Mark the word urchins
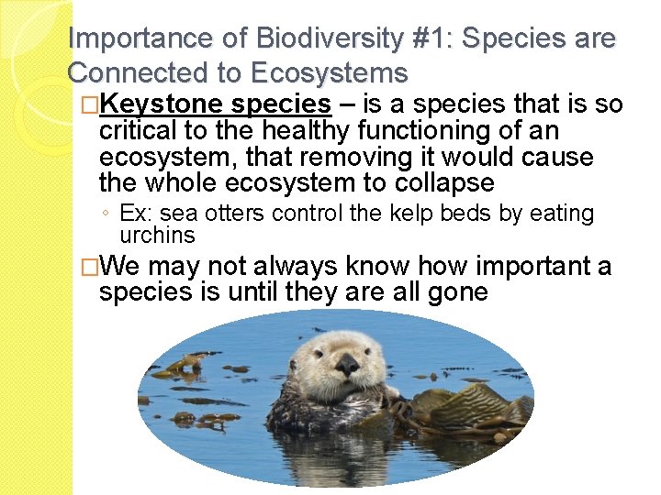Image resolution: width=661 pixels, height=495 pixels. (x=157, y=235)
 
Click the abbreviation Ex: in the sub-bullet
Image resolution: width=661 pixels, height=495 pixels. (x=135, y=214)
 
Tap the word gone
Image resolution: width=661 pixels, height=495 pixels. (x=456, y=292)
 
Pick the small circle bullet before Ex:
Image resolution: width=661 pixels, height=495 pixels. (x=107, y=214)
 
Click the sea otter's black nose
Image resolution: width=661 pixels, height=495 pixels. (x=347, y=365)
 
